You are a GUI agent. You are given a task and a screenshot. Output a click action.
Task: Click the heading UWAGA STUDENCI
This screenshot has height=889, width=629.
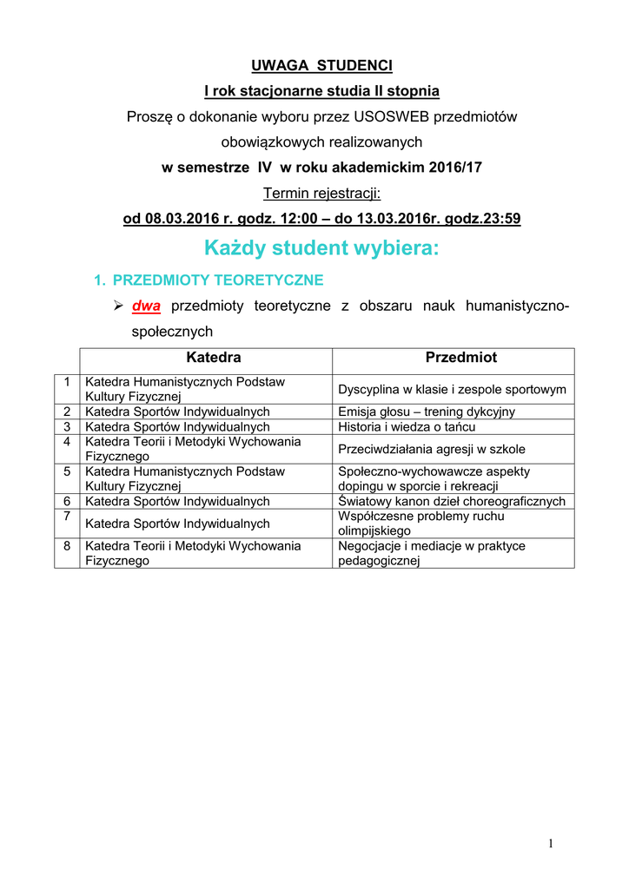(321, 66)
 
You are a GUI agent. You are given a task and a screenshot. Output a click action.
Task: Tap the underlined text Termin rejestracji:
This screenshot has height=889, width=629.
(321, 193)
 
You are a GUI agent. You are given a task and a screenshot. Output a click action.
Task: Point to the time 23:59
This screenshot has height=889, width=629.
(502, 219)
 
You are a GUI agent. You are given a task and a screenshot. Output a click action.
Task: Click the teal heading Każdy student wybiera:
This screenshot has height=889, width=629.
(321, 249)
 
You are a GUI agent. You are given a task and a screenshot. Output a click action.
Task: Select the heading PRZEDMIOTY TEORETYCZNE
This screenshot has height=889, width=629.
(218, 280)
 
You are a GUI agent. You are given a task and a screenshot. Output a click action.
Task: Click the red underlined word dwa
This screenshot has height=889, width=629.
(146, 306)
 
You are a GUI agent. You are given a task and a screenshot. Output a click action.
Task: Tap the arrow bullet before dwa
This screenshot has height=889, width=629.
(120, 306)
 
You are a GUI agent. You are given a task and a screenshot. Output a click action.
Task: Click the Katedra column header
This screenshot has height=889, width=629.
(214, 358)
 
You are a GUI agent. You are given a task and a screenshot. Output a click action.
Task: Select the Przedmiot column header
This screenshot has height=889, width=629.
(460, 358)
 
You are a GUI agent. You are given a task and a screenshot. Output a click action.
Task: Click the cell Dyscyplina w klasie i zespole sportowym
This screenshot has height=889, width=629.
(452, 390)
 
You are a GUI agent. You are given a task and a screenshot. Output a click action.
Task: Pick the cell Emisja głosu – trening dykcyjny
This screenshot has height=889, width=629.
(426, 412)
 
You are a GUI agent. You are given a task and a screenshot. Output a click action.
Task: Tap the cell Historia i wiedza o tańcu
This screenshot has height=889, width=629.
(407, 427)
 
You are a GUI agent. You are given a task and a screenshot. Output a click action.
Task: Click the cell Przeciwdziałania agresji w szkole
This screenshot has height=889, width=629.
(431, 450)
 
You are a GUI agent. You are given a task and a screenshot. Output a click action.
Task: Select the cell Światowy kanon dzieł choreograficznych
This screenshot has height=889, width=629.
(452, 502)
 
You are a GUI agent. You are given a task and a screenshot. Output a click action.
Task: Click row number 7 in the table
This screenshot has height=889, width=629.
(67, 517)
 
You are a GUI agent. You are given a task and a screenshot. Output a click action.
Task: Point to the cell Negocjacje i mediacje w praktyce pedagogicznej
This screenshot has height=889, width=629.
(431, 553)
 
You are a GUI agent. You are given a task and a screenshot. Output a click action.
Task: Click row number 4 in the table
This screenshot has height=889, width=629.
(67, 442)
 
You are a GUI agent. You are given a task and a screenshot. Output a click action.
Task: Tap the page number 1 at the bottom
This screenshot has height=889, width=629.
(550, 844)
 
